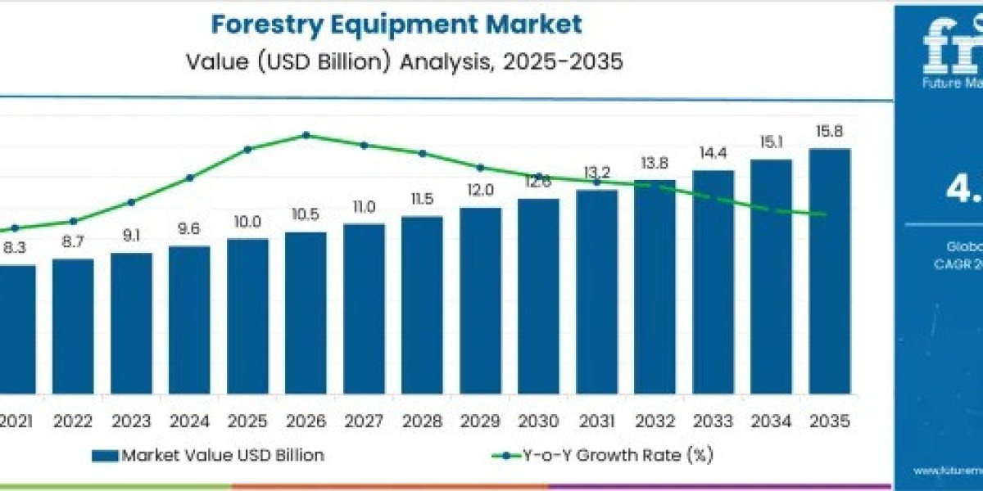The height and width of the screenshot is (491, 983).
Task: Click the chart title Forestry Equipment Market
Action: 396,23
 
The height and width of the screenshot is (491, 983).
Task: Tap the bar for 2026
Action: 306,311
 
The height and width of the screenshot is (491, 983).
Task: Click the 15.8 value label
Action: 829,131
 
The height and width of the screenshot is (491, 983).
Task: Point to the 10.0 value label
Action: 247,222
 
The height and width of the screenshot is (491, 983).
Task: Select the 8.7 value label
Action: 73,242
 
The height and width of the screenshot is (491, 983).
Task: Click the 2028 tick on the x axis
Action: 422,421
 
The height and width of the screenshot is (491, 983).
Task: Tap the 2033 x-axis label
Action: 713,421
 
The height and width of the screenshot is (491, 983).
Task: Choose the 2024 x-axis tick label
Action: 189,421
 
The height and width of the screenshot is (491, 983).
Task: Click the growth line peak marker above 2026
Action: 306,135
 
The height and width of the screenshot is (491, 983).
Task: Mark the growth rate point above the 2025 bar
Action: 247,149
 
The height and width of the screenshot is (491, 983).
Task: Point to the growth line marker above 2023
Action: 131,201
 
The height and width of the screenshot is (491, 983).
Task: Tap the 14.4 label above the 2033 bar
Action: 713,153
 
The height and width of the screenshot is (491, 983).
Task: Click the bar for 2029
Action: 480,299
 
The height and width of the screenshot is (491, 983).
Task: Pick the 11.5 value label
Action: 422,199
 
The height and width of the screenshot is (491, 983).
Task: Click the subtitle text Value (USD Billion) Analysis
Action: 396,61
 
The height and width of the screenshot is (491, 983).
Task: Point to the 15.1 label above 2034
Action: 771,142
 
